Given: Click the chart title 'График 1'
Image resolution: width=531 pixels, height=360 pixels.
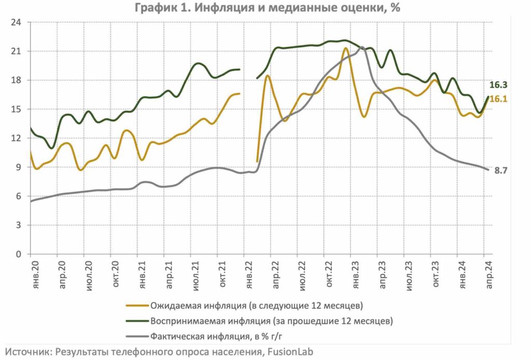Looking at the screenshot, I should (x=265, y=8).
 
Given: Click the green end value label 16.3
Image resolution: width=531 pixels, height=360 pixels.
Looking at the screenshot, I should (x=498, y=86).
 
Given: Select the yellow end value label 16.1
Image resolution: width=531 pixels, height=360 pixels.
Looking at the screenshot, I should (x=498, y=99).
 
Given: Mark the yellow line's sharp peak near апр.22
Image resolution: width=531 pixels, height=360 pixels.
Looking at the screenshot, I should (x=268, y=76).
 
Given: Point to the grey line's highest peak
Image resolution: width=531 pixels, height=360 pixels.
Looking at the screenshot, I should (x=361, y=47).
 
